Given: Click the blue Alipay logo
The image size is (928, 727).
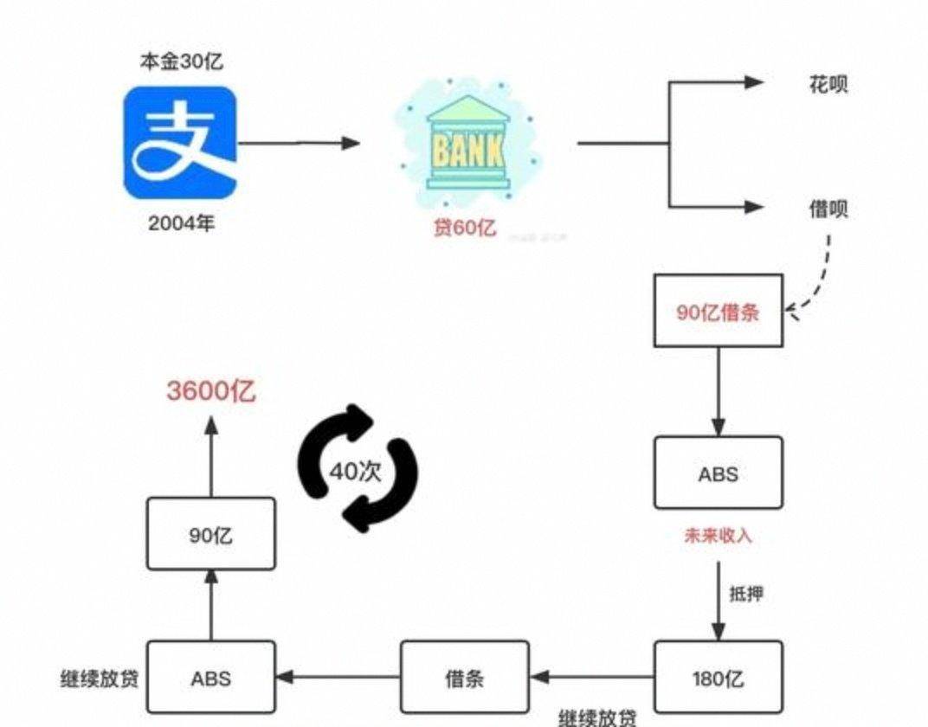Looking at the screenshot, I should (180, 143).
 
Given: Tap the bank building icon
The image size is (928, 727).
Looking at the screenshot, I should (467, 146).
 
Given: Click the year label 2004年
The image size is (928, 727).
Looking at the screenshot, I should (181, 223).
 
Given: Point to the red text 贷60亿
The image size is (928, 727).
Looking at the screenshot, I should (465, 228).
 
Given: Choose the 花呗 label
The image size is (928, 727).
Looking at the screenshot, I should (828, 84).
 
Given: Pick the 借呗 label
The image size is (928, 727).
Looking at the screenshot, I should (828, 209).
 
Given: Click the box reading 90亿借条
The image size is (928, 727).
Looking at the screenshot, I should (718, 312).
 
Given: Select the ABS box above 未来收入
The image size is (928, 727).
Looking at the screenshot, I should (718, 473).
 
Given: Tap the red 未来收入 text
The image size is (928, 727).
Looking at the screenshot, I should (719, 536).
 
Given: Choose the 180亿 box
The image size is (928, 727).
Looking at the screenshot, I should (718, 678).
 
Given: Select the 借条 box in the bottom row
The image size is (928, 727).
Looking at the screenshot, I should (464, 678).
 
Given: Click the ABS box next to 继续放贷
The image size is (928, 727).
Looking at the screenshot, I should (211, 678).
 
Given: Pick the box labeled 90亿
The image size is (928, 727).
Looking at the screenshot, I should (211, 535).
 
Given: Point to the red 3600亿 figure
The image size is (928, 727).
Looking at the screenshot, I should (211, 391).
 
